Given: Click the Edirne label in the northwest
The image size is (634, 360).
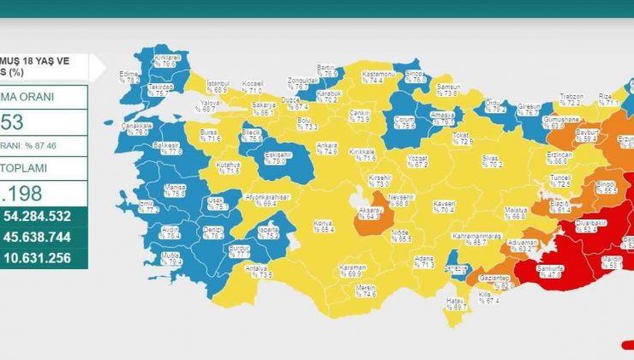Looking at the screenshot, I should [x=131, y=75].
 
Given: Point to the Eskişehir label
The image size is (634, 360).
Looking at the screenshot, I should [x=274, y=157].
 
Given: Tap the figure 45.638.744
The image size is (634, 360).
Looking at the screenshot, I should [x=47, y=237].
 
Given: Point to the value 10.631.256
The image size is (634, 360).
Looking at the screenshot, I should [x=47, y=257].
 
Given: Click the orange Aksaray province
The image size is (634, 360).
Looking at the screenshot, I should [x=369, y=213].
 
